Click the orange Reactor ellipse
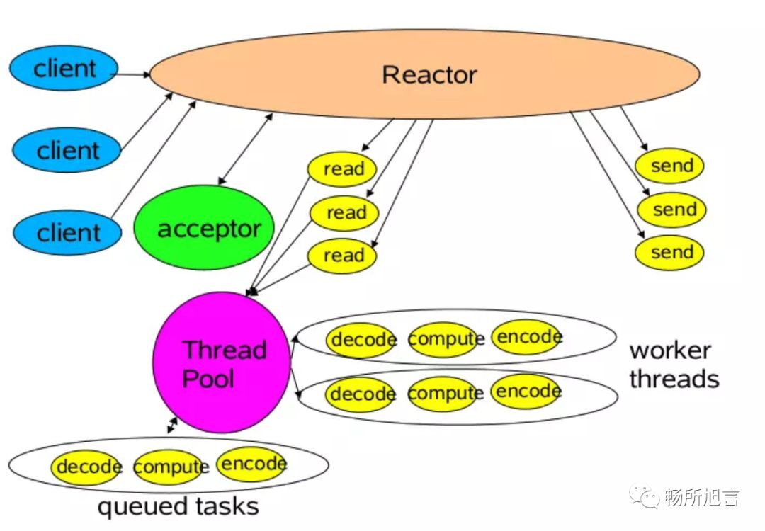[424, 74]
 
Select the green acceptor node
[204, 228]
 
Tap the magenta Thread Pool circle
[222, 362]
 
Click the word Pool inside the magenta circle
[208, 379]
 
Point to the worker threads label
[674, 365]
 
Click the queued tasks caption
[178, 507]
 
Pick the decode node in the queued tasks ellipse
[88, 467]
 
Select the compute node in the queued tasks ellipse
[171, 467]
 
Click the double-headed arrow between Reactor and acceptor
[245, 149]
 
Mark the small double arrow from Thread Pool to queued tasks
[172, 426]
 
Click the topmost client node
[64, 68]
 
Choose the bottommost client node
[67, 233]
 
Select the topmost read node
[343, 169]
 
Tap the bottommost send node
[670, 253]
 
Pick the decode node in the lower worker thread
[362, 394]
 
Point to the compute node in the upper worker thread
[446, 339]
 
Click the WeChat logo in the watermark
[644, 496]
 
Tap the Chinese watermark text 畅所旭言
[701, 498]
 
